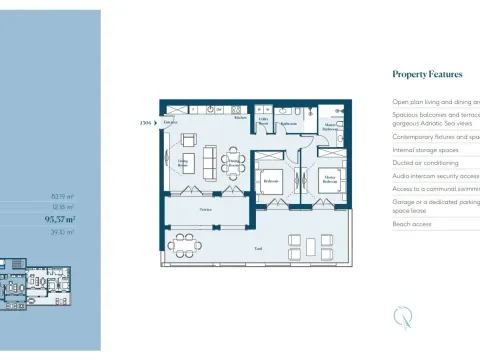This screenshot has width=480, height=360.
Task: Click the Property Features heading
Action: coord(427,74)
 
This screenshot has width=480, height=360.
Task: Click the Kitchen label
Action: coord(240,118)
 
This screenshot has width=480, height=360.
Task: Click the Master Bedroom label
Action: coord(327,182)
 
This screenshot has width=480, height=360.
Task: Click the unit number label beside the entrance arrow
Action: coord(144,123)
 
